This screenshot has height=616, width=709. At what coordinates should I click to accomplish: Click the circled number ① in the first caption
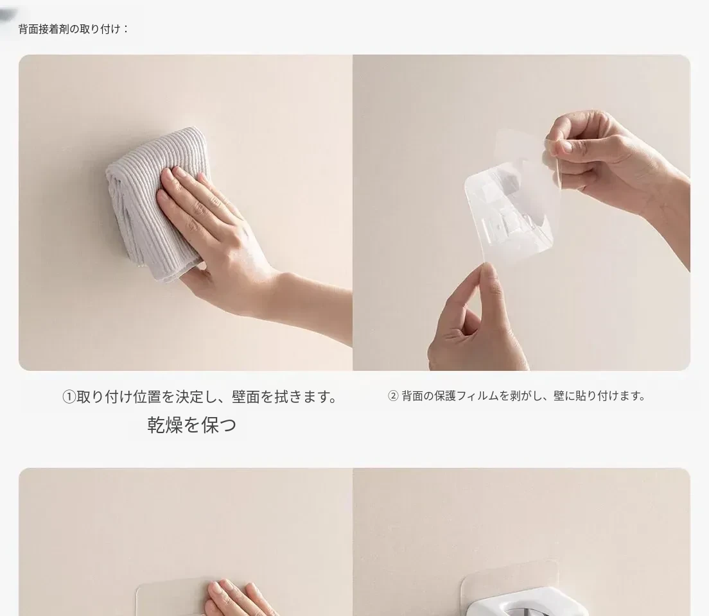pyautogui.click(x=69, y=397)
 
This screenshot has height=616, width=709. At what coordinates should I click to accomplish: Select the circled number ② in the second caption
pyautogui.click(x=393, y=396)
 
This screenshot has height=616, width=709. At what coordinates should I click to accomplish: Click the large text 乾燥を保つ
pyautogui.click(x=192, y=425)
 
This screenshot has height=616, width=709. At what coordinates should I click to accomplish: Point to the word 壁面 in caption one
pyautogui.click(x=245, y=397)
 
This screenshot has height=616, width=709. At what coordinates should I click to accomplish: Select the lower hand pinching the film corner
pyautogui.click(x=475, y=321)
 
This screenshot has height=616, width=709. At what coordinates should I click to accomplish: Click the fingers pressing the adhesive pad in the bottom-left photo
pyautogui.click(x=235, y=598)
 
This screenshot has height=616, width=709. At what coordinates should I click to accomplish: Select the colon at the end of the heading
pyautogui.click(x=125, y=30)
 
